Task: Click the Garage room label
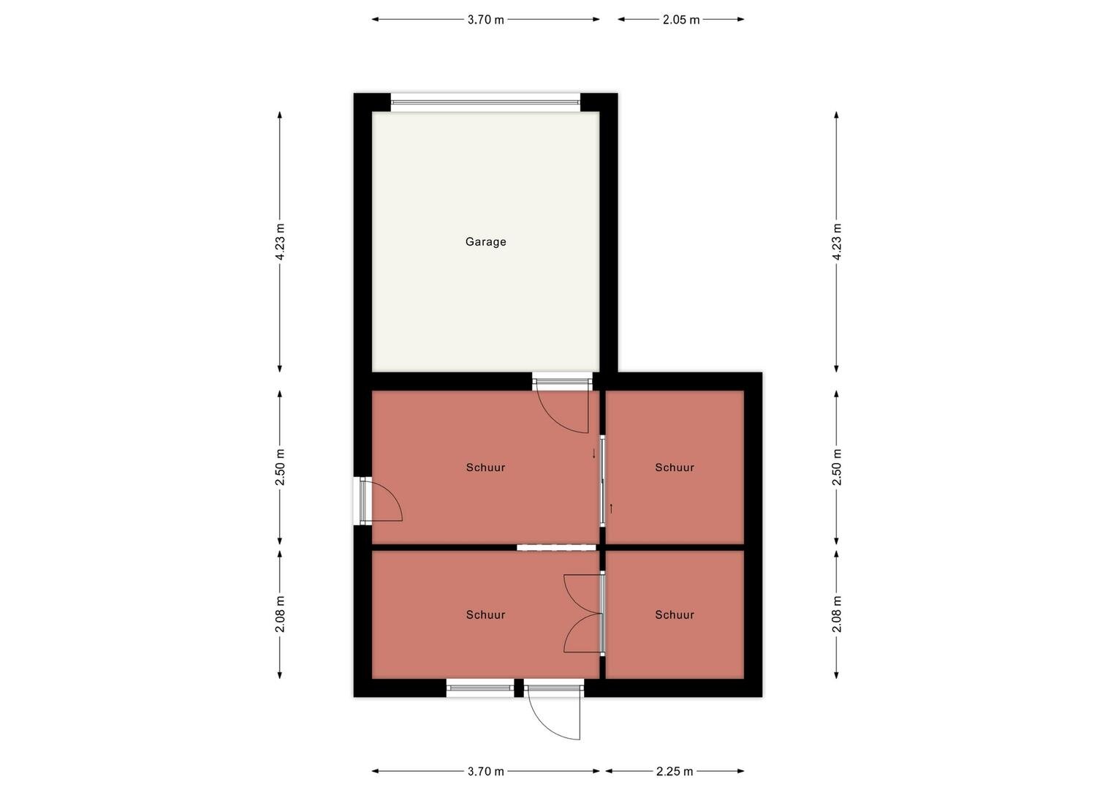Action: tap(485, 242)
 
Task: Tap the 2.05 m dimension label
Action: tap(680, 20)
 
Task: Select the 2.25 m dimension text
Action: tap(674, 771)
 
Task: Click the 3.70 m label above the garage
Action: tap(485, 20)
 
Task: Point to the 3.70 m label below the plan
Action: tap(485, 771)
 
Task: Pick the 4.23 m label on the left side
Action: tap(280, 242)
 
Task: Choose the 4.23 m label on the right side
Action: tap(837, 242)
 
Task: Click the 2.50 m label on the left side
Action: tap(280, 467)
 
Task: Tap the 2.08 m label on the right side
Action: tap(837, 614)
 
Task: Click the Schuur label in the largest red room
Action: tap(485, 467)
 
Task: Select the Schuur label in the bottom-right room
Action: tap(674, 614)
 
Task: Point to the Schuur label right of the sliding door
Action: tap(674, 467)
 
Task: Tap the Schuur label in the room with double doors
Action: tap(485, 614)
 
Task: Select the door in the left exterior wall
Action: tap(381, 501)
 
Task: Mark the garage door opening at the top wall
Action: tap(485, 102)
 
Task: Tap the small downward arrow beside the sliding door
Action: tap(593, 454)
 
